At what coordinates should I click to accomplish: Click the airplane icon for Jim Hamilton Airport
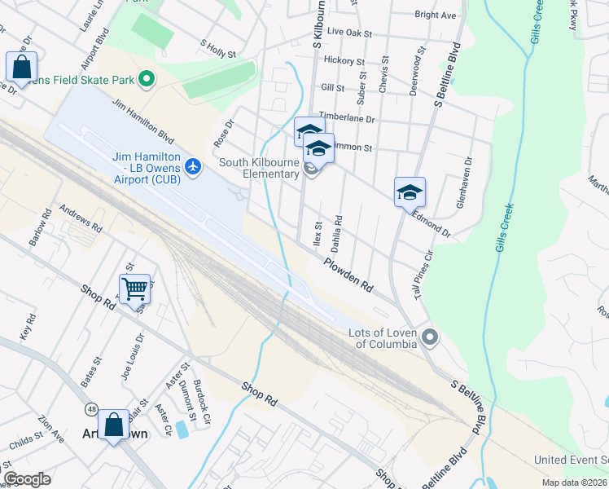pyautogui.click(x=193, y=167)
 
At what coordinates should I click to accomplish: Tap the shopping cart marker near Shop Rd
pyautogui.click(x=134, y=288)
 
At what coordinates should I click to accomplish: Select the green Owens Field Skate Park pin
pyautogui.click(x=147, y=79)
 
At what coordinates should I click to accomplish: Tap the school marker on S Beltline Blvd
pyautogui.click(x=410, y=192)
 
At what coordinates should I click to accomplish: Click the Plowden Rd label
pyautogui.click(x=348, y=275)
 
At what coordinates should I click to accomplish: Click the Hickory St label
pyautogui.click(x=344, y=61)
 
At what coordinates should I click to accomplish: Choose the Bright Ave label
pyautogui.click(x=435, y=15)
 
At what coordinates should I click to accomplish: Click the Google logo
pyautogui.click(x=27, y=479)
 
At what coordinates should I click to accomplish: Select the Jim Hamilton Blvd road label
pyautogui.click(x=142, y=121)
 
